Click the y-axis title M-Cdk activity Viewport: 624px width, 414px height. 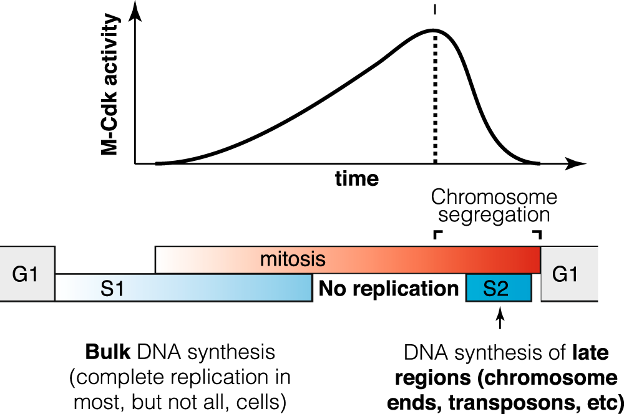click(x=110, y=85)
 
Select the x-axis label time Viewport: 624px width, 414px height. click(x=356, y=179)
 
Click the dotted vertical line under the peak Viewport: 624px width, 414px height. click(x=435, y=100)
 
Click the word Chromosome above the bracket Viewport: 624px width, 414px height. click(x=494, y=198)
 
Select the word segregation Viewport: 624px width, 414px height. click(x=494, y=216)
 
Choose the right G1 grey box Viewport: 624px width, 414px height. click(x=565, y=274)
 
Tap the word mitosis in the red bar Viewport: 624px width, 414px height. click(x=285, y=258)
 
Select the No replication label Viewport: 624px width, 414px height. click(x=389, y=289)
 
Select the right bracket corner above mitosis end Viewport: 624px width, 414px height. click(x=536, y=234)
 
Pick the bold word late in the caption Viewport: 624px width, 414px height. click(x=590, y=354)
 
